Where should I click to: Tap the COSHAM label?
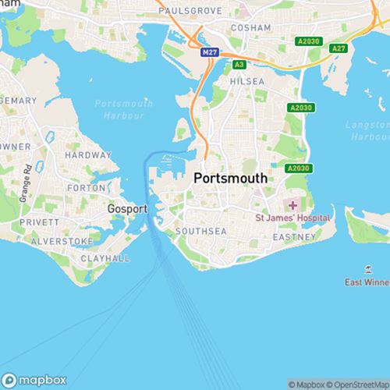250,27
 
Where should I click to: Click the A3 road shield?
239,64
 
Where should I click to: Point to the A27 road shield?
338,48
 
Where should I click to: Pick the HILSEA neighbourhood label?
247,80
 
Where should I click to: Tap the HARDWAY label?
88,155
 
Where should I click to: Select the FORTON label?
87,188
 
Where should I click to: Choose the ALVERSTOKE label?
62,241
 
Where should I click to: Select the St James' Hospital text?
292,218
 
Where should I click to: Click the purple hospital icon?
292,205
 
